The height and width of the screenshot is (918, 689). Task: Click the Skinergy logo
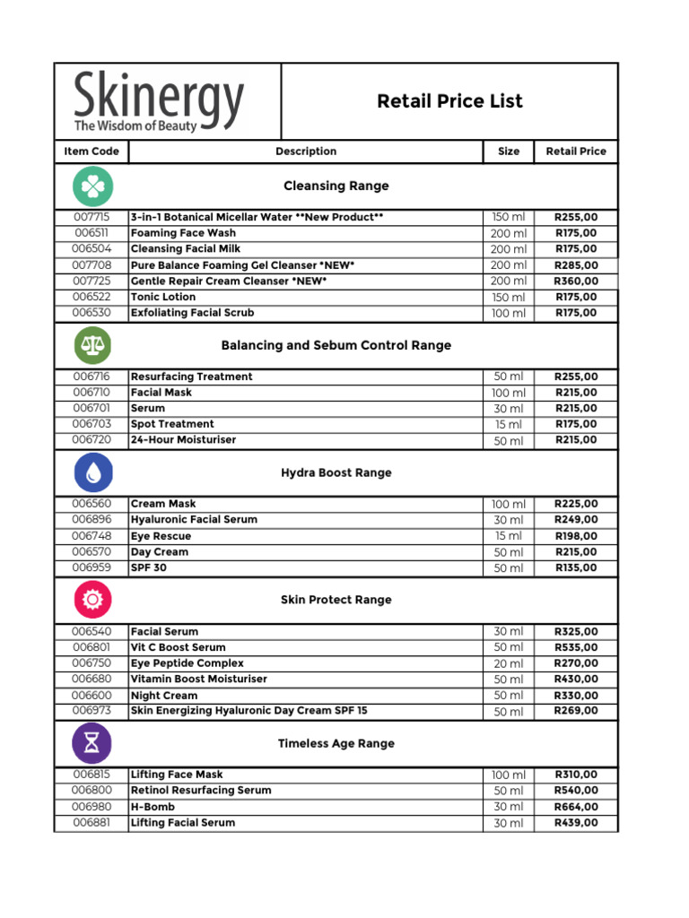159,102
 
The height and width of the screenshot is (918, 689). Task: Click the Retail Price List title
449,101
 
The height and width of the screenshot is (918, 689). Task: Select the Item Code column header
92,152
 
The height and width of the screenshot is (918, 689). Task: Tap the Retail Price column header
576,152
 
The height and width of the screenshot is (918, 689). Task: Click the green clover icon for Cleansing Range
92,186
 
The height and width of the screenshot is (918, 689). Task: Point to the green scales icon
92,345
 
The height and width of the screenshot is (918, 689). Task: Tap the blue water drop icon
92,472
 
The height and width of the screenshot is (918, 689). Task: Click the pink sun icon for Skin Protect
92,599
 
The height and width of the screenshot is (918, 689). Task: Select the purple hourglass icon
92,743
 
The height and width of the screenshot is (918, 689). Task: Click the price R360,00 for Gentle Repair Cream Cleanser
576,281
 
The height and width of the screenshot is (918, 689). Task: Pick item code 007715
92,217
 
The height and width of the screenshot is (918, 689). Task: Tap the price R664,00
576,807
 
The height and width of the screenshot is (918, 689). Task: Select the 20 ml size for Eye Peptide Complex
509,663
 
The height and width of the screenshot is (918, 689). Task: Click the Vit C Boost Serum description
179,647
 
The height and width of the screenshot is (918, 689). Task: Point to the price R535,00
576,647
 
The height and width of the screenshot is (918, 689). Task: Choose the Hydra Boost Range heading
336,472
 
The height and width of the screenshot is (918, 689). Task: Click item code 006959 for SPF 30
92,567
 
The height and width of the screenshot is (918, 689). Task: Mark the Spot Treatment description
172,424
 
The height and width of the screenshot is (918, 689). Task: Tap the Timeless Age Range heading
336,743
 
